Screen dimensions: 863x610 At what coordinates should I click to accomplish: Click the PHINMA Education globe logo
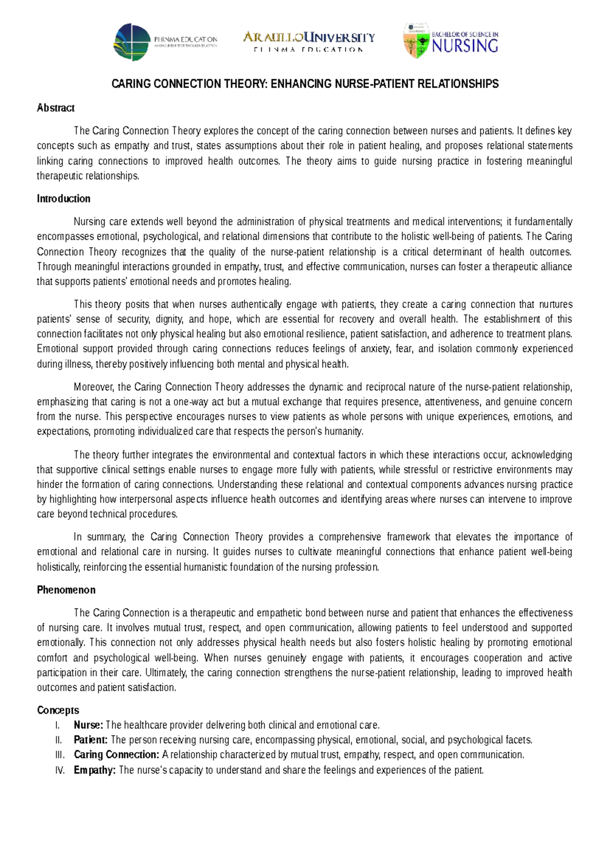tap(132, 42)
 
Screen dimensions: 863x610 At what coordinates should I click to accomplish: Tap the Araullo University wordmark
tap(309, 38)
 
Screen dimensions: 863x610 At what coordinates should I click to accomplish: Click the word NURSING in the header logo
tap(465, 47)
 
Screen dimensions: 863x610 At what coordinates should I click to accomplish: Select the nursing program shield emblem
tap(416, 41)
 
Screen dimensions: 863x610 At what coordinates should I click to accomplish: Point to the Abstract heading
tap(55, 108)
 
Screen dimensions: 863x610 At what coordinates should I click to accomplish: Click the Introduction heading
tap(64, 199)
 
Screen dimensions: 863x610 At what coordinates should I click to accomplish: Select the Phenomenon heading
tap(66, 590)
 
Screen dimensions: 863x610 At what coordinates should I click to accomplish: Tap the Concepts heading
tap(58, 710)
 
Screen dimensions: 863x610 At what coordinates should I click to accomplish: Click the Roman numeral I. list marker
tap(57, 725)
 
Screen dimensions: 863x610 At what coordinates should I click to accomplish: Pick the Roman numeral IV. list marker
tap(59, 770)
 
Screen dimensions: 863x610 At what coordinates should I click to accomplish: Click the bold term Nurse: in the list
tap(88, 725)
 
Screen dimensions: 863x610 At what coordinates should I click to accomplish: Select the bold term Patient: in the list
tap(90, 740)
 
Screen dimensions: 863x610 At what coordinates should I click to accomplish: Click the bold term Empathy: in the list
tap(95, 770)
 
